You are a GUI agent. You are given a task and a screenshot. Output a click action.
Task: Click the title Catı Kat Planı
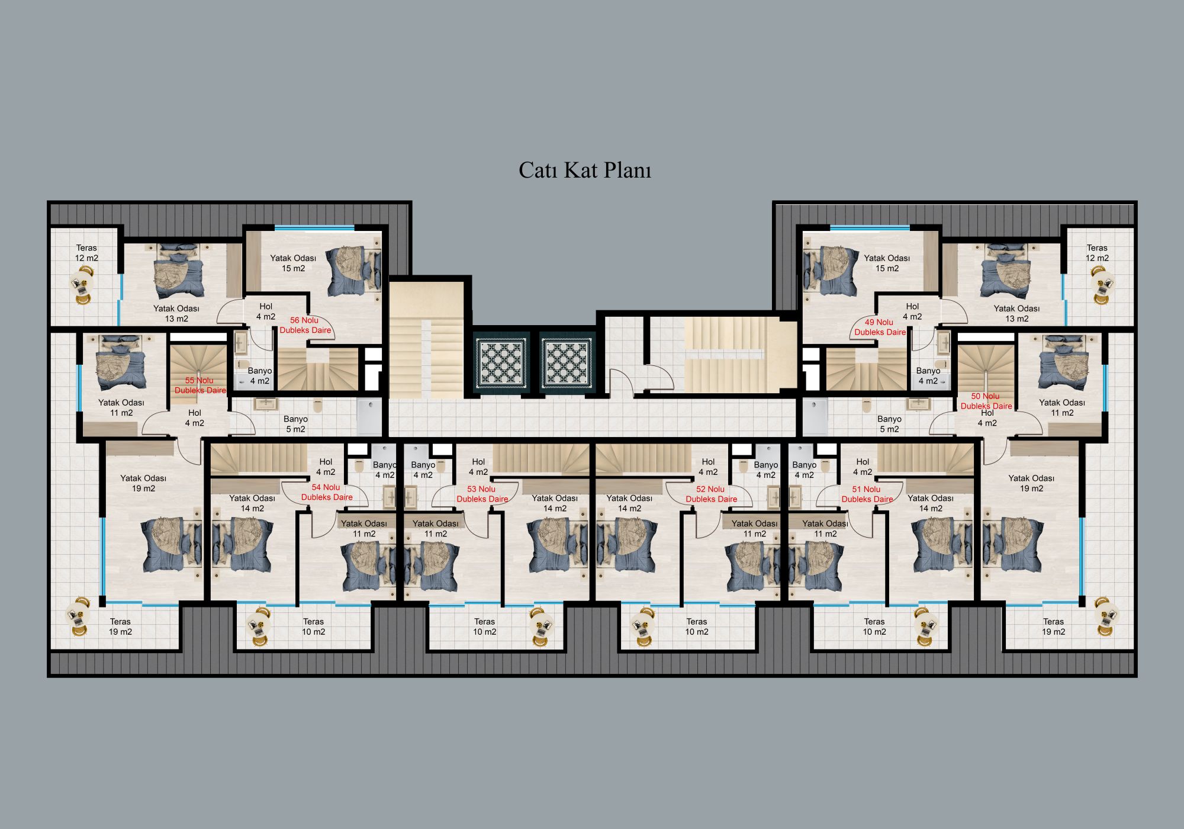pyautogui.click(x=585, y=171)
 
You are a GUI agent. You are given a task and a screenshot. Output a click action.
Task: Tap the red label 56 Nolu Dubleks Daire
pyautogui.click(x=305, y=325)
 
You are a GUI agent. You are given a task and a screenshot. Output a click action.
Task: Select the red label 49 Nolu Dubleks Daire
pyautogui.click(x=880, y=327)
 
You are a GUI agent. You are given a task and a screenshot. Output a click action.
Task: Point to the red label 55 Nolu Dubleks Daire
pyautogui.click(x=200, y=385)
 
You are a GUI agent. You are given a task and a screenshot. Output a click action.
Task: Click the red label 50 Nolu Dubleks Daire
pyautogui.click(x=986, y=401)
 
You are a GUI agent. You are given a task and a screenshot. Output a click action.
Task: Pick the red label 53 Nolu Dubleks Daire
pyautogui.click(x=482, y=494)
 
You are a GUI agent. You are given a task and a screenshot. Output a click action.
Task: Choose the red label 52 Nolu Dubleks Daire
pyautogui.click(x=712, y=494)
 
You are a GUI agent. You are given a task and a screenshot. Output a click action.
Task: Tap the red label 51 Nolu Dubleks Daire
pyautogui.click(x=867, y=494)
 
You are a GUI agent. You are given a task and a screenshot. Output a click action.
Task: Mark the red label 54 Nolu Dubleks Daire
pyautogui.click(x=327, y=492)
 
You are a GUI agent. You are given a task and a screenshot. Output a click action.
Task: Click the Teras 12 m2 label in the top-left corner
pyautogui.click(x=86, y=253)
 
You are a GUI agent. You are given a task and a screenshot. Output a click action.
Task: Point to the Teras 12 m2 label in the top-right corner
pyautogui.click(x=1097, y=253)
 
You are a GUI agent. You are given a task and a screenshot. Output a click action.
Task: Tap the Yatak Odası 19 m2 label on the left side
pyautogui.click(x=143, y=483)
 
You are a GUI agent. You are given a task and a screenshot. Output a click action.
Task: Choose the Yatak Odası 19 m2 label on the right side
pyautogui.click(x=1031, y=483)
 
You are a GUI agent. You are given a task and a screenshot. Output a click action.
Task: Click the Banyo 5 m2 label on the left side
pyautogui.click(x=295, y=424)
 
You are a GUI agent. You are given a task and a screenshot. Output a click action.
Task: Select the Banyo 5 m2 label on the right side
pyautogui.click(x=889, y=424)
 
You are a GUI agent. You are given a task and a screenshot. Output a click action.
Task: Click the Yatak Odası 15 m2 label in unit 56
pyautogui.click(x=293, y=263)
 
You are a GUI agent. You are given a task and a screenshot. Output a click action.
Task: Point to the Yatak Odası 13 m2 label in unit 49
pyautogui.click(x=1016, y=313)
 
